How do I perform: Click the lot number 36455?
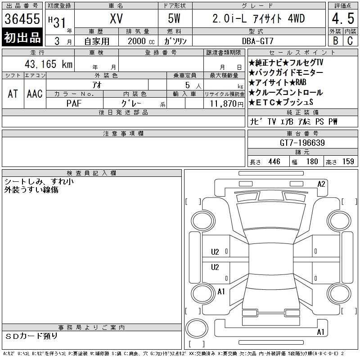(22, 18)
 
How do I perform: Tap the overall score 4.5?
(343, 18)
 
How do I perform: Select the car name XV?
(116, 18)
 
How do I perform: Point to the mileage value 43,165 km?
(49, 64)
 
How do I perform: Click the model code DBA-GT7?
(258, 41)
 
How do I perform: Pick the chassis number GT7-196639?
(302, 143)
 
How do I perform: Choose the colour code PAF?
(74, 103)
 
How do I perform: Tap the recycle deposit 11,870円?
(226, 104)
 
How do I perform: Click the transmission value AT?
(13, 94)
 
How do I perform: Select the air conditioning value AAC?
(35, 94)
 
